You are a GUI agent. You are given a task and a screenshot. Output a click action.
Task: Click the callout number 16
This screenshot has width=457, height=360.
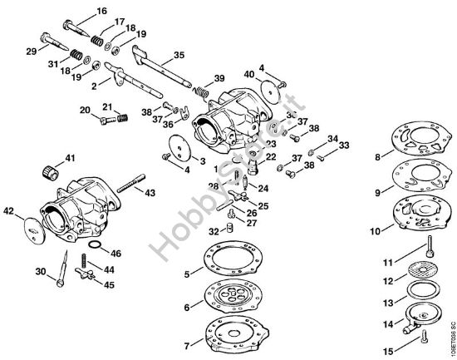pyautogui.click(x=102, y=11)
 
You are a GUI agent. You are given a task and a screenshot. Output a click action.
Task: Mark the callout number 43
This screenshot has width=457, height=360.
pyautogui.click(x=150, y=193)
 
